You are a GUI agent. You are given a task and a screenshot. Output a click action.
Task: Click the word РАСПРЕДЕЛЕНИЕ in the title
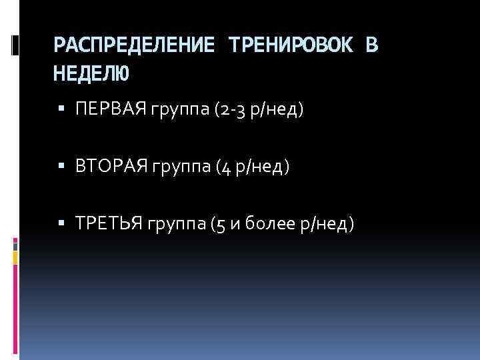(x=133, y=45)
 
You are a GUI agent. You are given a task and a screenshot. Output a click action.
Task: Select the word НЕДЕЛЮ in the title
(x=92, y=73)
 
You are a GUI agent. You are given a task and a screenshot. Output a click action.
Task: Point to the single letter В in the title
(x=371, y=45)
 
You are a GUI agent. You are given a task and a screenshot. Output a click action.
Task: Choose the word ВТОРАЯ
(x=111, y=167)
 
